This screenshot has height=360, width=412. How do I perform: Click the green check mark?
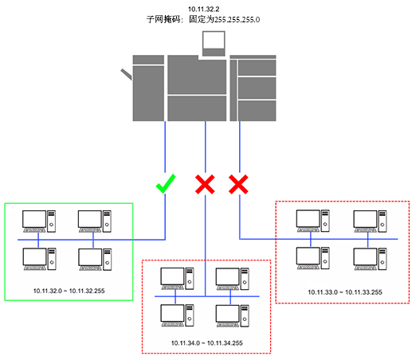tap(165, 184)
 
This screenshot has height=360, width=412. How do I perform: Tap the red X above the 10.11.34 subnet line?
tap(205, 184)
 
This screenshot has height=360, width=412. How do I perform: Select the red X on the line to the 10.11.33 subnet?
tap(238, 184)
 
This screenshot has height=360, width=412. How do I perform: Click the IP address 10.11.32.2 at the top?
tap(204, 10)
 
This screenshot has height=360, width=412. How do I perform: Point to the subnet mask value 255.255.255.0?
tap(237, 20)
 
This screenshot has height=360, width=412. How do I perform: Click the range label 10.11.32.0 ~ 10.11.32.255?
tap(69, 291)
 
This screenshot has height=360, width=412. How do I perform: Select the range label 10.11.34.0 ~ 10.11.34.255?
tap(207, 343)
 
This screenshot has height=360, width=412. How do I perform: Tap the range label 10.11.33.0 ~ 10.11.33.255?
tap(345, 292)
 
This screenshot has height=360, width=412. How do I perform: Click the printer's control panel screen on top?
tap(214, 40)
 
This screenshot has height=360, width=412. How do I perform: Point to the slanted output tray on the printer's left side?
tap(126, 74)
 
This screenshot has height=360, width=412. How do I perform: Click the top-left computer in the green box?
tap(39, 221)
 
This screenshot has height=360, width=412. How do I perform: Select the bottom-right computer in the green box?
tap(95, 260)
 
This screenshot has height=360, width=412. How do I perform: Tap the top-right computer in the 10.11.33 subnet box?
tap(370, 221)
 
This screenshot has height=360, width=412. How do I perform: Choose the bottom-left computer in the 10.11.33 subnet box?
tap(313, 258)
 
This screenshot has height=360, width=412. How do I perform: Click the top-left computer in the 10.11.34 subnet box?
tap(177, 279)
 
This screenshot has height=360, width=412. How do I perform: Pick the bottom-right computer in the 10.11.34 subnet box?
tap(233, 316)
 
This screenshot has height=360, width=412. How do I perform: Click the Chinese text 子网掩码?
tap(163, 20)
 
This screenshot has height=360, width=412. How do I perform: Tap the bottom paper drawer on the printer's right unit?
tap(257, 111)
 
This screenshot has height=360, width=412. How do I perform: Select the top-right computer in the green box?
tap(95, 221)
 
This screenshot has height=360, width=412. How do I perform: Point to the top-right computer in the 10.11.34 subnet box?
tap(233, 279)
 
